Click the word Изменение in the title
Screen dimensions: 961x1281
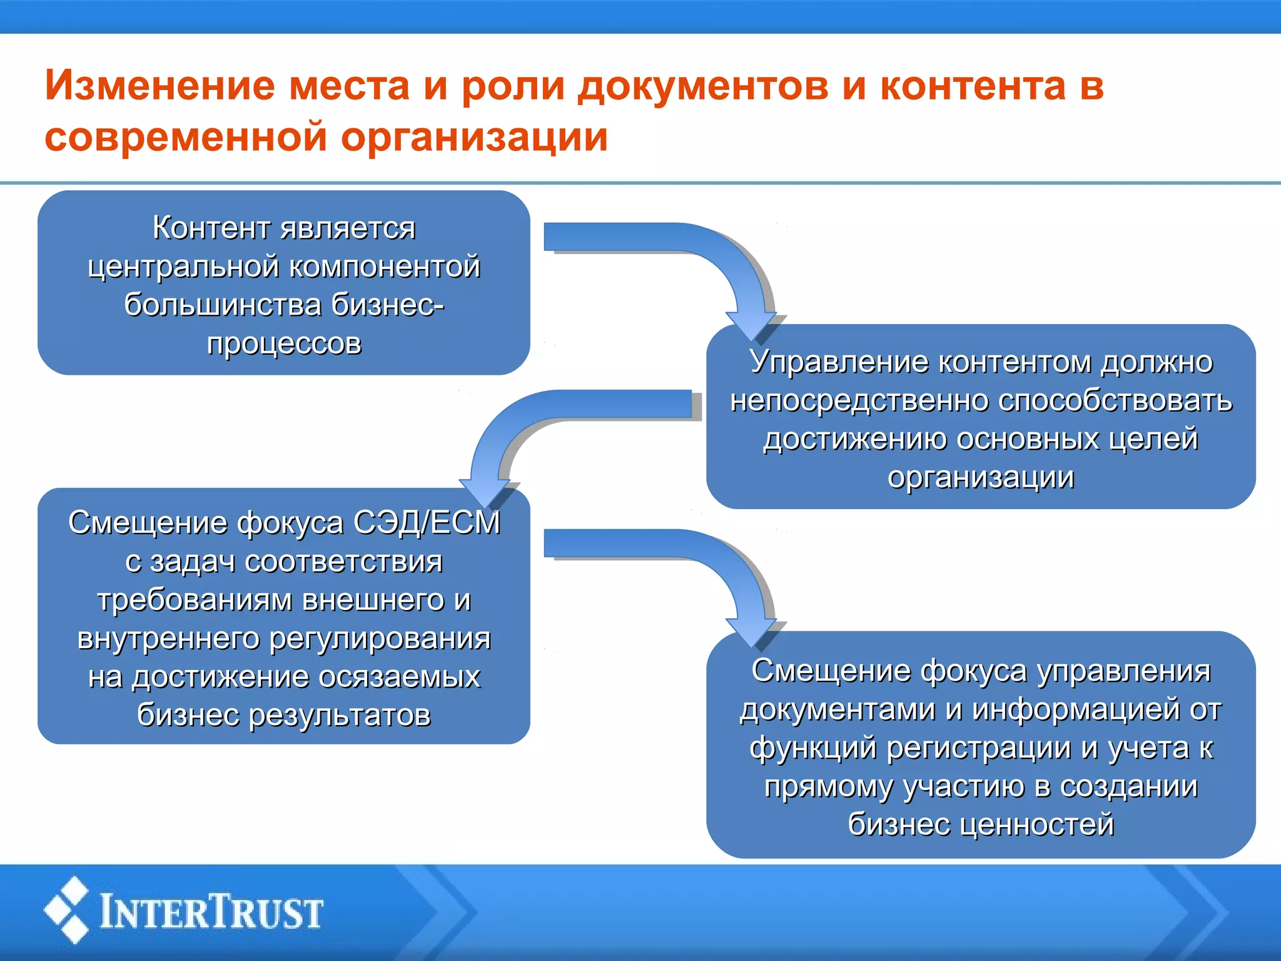click(x=160, y=86)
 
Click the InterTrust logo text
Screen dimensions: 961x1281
click(x=211, y=912)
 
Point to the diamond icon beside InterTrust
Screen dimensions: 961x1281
click(x=66, y=910)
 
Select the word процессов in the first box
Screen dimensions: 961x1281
click(x=284, y=343)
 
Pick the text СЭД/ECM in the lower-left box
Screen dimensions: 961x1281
click(x=427, y=522)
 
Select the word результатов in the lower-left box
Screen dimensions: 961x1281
click(x=340, y=715)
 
